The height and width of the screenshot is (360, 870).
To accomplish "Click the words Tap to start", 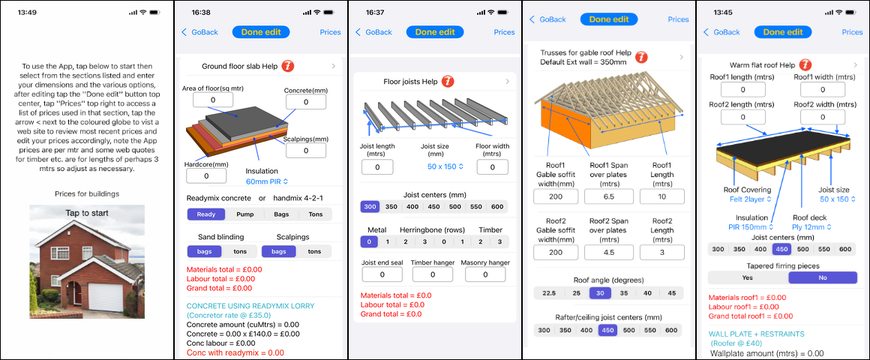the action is pos(87,213).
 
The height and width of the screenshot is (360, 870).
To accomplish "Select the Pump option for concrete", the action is pos(244,214).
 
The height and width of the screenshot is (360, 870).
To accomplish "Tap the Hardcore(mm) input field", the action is pos(206,175).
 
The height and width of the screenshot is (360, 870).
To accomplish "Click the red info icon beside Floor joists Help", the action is pos(447,82).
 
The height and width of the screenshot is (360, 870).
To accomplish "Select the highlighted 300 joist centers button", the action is pos(370,207).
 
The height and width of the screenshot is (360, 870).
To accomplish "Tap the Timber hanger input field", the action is pos(432,274).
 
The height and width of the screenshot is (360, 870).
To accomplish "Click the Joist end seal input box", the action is pos(382,274).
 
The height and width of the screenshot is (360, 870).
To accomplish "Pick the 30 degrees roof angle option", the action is pos(598,293).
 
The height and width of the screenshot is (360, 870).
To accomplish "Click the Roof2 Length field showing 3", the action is pos(662,253).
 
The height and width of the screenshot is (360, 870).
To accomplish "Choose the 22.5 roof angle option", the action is pos(549,293).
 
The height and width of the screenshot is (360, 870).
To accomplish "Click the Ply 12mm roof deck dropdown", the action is pos(811,226).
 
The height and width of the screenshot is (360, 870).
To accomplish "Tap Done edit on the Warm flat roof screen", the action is pos(783,32).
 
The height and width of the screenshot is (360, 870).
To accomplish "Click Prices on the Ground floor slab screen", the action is pos(330,32).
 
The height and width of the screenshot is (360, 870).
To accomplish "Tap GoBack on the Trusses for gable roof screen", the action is pos(547,19).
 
